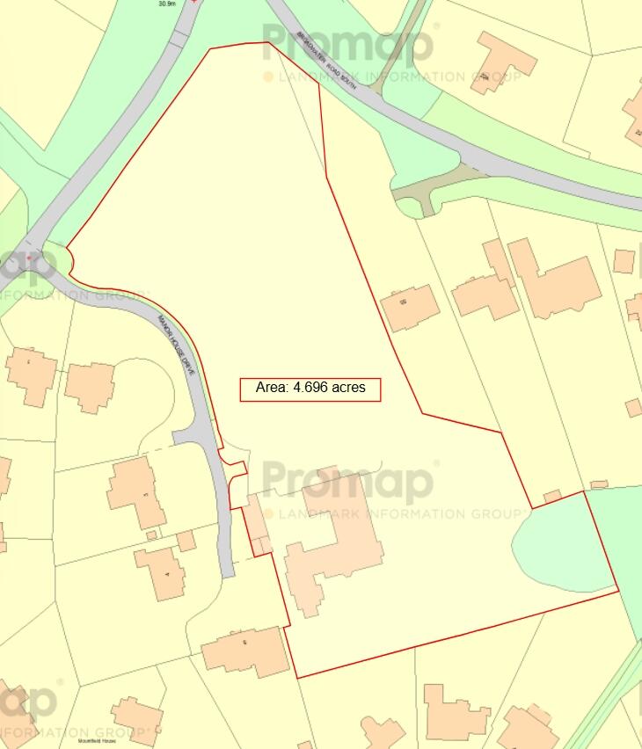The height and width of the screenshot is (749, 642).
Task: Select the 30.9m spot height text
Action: point(167,4)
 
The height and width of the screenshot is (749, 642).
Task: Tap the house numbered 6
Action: point(246,651)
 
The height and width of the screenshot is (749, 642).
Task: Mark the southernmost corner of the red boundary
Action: point(296,678)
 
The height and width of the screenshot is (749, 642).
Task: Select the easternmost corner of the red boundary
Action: point(618,592)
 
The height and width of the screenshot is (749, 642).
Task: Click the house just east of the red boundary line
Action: point(410,308)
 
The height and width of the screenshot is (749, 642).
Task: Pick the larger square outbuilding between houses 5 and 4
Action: point(186,540)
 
